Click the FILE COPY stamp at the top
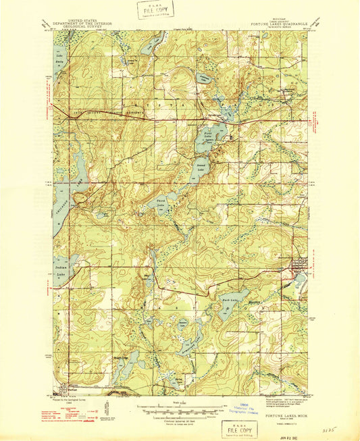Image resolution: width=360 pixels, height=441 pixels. [x=155, y=9]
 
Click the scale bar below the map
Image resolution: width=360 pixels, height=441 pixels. [x=179, y=407]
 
